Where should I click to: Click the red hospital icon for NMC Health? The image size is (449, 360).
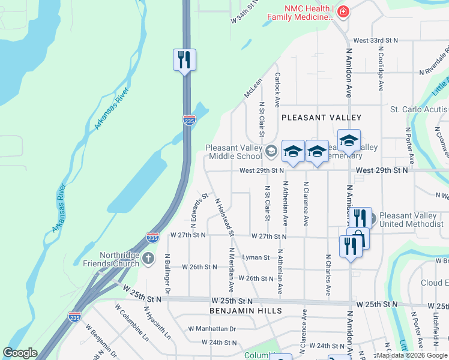[x=343, y=11]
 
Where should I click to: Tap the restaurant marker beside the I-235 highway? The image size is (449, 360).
[x=184, y=60]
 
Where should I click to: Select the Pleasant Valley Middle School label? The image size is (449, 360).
[x=234, y=152]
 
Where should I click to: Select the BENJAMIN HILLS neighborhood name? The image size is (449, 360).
[x=246, y=311]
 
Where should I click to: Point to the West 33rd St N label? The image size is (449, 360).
[x=376, y=40]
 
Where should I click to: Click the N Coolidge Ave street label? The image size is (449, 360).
[x=381, y=70]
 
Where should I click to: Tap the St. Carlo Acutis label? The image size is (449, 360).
[x=419, y=110]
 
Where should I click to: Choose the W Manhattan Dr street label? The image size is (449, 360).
[x=212, y=329]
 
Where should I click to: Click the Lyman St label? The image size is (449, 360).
[x=256, y=257]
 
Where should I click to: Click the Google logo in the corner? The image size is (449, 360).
[x=20, y=353]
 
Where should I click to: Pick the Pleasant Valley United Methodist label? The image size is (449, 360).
[x=412, y=220]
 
